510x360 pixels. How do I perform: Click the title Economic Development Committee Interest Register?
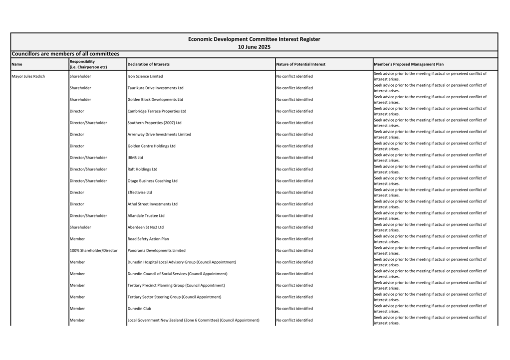click(x=254, y=39)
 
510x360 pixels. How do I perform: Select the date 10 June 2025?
click(x=254, y=47)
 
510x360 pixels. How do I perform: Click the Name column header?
click(x=17, y=64)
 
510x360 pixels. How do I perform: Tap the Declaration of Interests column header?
click(x=148, y=64)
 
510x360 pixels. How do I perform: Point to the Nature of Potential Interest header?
click(x=300, y=64)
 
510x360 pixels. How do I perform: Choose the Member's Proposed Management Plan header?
click(x=408, y=64)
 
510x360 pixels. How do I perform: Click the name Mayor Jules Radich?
click(x=28, y=77)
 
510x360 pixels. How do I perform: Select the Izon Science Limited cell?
click(x=145, y=77)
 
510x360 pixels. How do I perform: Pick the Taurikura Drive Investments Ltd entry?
click(x=155, y=88)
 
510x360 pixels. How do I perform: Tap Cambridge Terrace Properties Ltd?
click(x=157, y=111)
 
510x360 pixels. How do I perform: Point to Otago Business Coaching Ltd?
click(x=152, y=181)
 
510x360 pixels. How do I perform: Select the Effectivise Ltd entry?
click(x=140, y=192)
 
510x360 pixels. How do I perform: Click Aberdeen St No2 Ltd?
click(x=145, y=227)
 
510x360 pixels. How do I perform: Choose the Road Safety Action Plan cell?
click(x=148, y=239)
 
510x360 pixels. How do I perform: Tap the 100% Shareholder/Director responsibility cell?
click(x=94, y=251)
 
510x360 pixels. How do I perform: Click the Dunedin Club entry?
click(x=139, y=309)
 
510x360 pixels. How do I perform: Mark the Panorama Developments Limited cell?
click(x=156, y=251)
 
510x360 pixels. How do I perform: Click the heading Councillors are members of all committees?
click(x=65, y=54)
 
